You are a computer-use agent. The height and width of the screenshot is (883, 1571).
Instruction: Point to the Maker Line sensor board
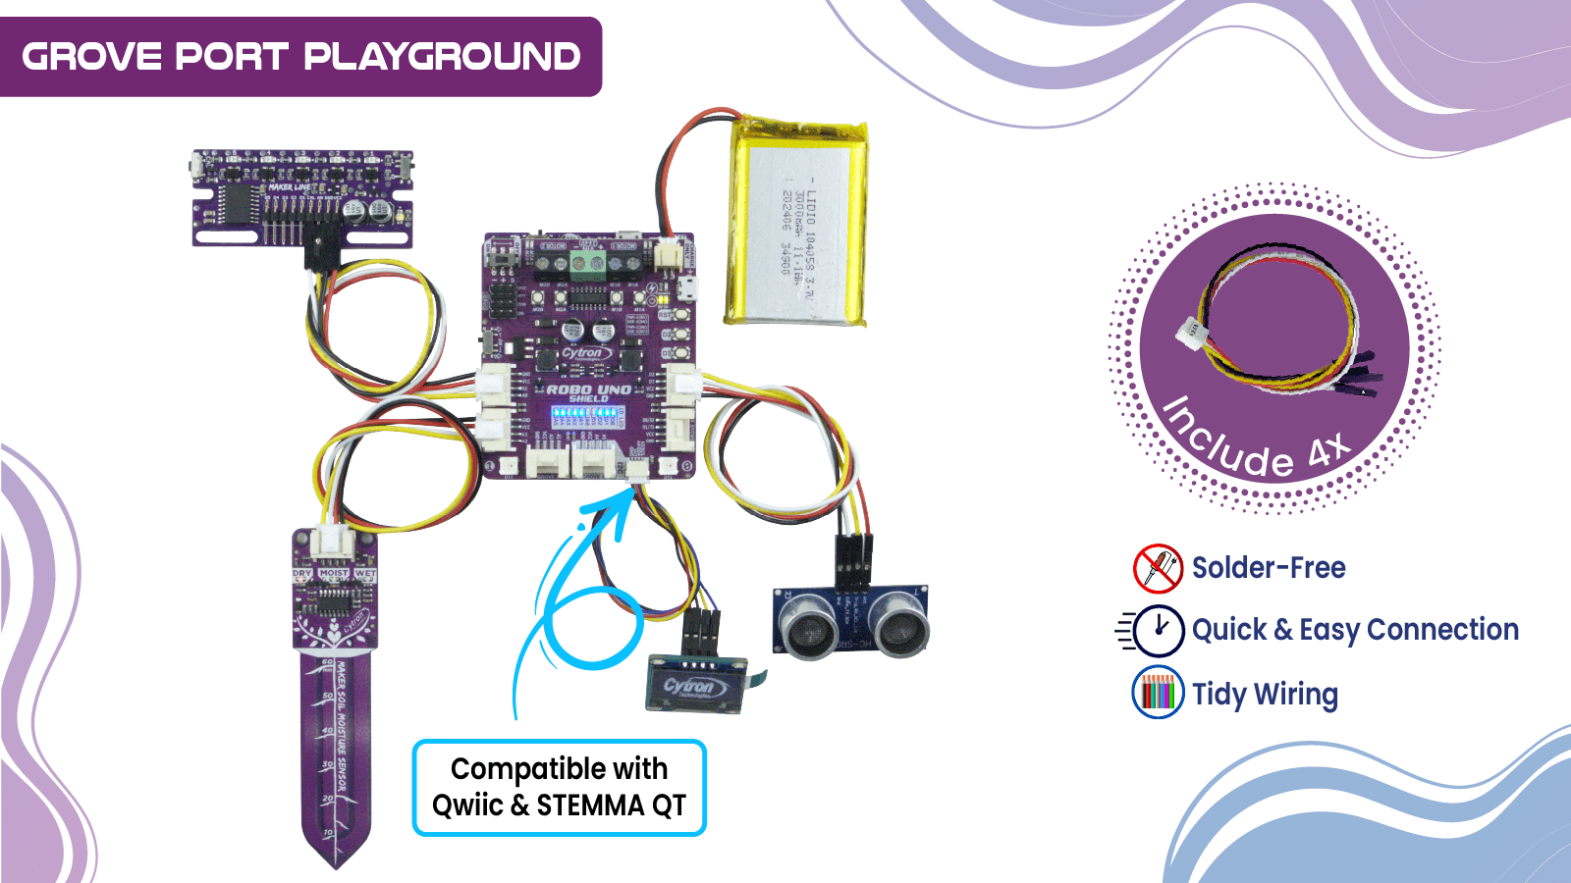(302, 196)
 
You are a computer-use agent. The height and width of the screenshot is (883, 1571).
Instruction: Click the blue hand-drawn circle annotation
(593, 627)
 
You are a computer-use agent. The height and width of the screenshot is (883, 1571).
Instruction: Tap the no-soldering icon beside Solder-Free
(1158, 568)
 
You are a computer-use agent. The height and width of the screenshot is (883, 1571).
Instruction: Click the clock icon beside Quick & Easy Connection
(1159, 630)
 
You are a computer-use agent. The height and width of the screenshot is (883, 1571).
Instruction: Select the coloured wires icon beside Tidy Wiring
(1158, 693)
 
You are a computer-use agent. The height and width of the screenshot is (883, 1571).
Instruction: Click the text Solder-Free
(1269, 568)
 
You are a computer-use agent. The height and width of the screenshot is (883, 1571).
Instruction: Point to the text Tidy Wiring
(1265, 694)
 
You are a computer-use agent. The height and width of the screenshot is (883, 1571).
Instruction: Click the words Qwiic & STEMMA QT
(559, 805)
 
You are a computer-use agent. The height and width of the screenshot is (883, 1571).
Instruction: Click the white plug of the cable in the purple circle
(1190, 333)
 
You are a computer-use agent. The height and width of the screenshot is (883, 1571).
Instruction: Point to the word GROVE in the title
(91, 57)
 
